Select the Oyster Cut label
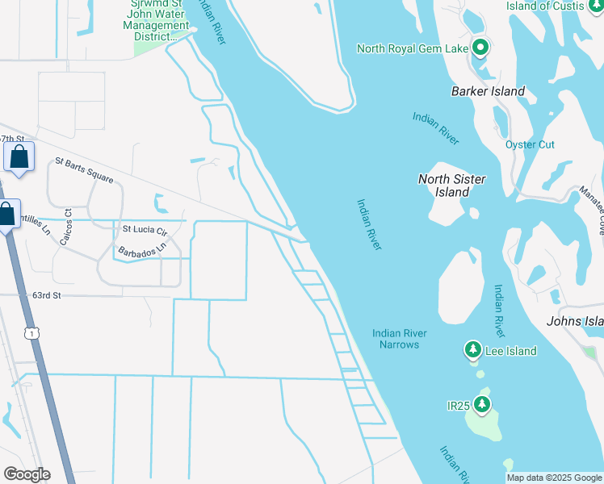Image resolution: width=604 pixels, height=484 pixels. pyautogui.click(x=530, y=144)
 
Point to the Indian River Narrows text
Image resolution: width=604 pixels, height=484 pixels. pyautogui.click(x=400, y=339)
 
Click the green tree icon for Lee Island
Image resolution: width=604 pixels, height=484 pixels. pyautogui.click(x=472, y=350)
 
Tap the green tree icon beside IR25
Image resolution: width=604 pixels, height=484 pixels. pyautogui.click(x=482, y=403)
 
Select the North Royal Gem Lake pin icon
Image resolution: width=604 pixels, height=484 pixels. pyautogui.click(x=480, y=48)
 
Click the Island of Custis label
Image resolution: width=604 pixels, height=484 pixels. pyautogui.click(x=552, y=6)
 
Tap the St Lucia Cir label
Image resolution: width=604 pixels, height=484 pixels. pyautogui.click(x=144, y=230)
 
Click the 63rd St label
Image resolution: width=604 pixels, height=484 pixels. pyautogui.click(x=47, y=296)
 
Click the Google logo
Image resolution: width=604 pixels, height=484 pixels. pyautogui.click(x=27, y=474)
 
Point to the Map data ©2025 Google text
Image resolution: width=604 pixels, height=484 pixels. pyautogui.click(x=554, y=478)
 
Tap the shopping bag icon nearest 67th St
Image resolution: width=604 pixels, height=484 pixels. pyautogui.click(x=19, y=156)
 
